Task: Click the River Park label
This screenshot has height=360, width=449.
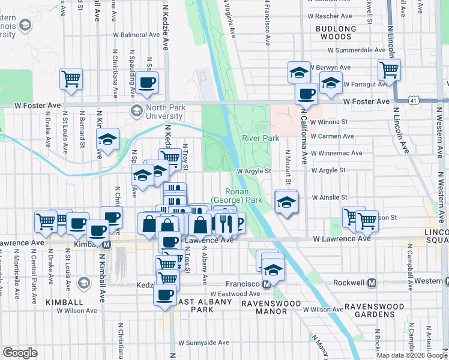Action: click(261, 138)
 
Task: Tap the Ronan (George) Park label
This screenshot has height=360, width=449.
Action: click(237, 196)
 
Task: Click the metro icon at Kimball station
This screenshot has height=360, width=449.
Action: click(107, 245)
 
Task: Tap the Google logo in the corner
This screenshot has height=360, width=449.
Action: click(20, 353)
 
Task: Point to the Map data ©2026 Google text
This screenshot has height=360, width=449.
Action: click(411, 355)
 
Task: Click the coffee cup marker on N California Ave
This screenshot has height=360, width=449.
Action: click(306, 94)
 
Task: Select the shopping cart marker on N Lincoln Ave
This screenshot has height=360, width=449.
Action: click(390, 70)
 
